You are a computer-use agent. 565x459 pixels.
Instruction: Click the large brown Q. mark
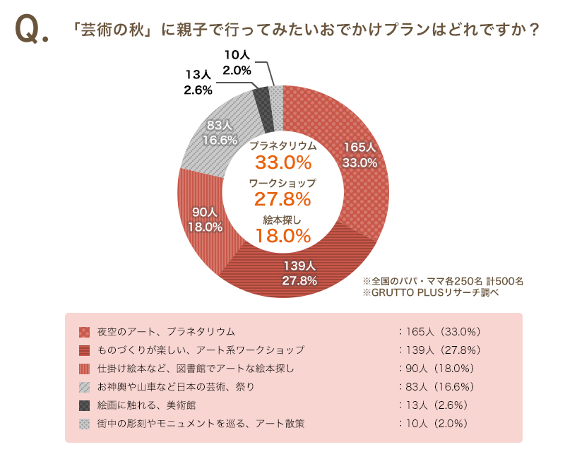coord(31,30)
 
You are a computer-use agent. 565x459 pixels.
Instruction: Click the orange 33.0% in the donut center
coord(283,162)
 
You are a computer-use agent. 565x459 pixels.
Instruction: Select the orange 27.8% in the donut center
coord(283,198)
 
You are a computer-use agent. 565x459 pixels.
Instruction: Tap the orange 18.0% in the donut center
coord(283,235)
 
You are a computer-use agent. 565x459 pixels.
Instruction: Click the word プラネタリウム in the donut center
coord(283,145)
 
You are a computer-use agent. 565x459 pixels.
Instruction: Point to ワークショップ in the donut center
coord(283,182)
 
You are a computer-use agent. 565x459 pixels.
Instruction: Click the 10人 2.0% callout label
coord(237,62)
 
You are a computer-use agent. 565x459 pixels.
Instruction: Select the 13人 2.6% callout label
coord(198,82)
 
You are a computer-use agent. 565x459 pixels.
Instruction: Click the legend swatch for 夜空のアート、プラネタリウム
coord(84,331)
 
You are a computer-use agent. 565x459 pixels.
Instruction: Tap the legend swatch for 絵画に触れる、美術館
coord(84,405)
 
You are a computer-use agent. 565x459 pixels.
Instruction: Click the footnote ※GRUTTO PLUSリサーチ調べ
coord(430,292)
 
